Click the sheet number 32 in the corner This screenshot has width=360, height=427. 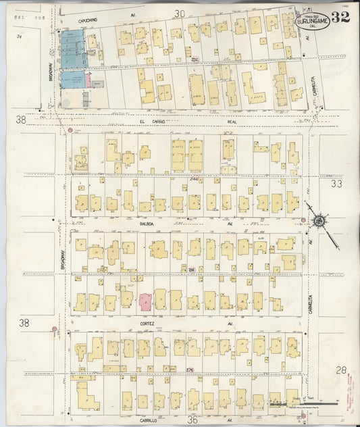pyautogui.click(x=341, y=17)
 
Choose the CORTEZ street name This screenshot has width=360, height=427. pyautogui.click(x=147, y=324)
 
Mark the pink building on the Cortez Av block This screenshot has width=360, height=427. pyautogui.click(x=145, y=301)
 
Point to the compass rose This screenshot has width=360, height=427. pyautogui.click(x=317, y=220)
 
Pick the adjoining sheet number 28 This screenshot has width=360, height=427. pyautogui.click(x=341, y=369)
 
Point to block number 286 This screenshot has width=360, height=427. pyautogui.click(x=193, y=270)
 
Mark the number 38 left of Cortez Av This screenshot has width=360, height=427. pyautogui.click(x=24, y=323)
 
